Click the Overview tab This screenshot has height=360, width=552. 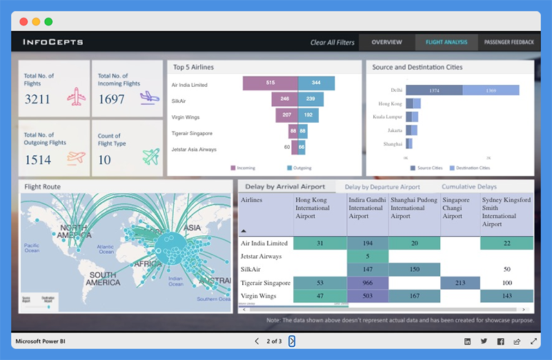[x=386, y=42]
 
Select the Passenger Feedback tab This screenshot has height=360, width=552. [x=509, y=42]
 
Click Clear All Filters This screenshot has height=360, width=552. [x=332, y=43]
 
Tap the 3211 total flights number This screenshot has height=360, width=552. [x=37, y=99]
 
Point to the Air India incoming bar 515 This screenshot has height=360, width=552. [x=270, y=83]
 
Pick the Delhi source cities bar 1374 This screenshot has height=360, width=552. [x=434, y=90]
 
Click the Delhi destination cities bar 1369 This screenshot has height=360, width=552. [x=491, y=90]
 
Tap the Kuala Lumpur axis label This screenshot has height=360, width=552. [x=386, y=117]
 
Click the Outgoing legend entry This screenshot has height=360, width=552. [x=298, y=168]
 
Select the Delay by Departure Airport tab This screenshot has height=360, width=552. [x=382, y=187]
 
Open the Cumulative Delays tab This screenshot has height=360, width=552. [x=469, y=187]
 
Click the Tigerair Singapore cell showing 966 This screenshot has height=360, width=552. [x=367, y=283]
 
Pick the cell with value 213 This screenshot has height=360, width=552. [x=460, y=283]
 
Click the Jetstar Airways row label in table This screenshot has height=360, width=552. [x=261, y=256]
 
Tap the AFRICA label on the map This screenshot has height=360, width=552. [x=148, y=264]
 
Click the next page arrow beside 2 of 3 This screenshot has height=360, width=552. [x=292, y=341]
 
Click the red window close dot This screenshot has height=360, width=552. [x=24, y=22]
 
